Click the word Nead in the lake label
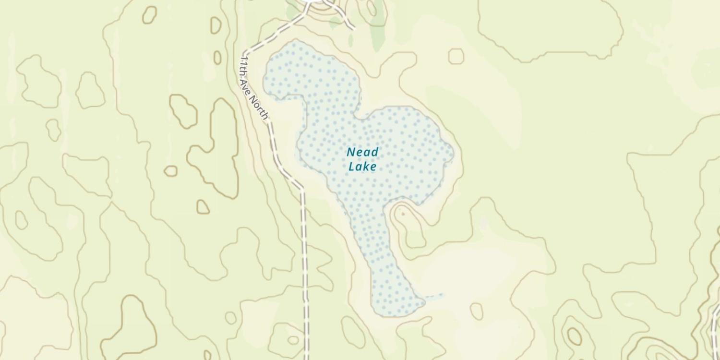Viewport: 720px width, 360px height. pos(362,152)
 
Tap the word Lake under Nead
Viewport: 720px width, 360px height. pos(362,167)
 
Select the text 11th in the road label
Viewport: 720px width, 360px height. pos(244,65)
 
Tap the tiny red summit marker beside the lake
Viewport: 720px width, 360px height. pos(403,213)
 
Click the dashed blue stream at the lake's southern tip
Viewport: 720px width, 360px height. pos(434,296)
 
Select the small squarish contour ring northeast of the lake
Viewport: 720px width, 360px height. pos(456,56)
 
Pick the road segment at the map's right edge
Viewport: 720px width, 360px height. pos(715,331)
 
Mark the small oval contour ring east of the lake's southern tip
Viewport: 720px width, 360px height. pos(476,311)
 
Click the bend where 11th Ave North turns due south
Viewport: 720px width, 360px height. pos(302,190)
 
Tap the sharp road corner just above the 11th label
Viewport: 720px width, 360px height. pos(244,51)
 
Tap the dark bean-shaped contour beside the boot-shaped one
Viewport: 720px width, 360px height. pos(183,111)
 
